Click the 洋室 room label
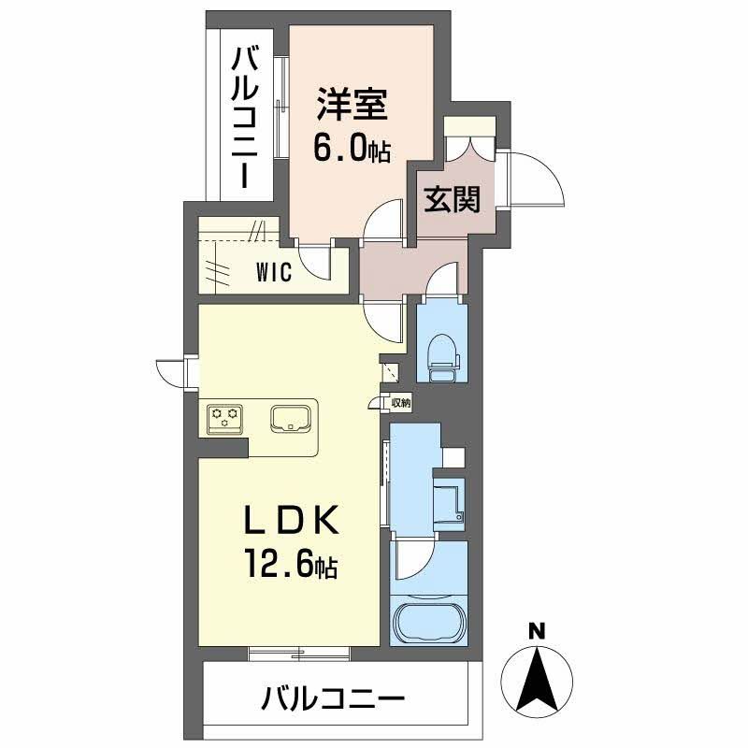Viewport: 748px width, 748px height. pos(352,105)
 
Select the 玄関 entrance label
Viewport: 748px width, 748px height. pos(453,199)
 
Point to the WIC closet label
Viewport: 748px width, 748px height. pos(274,272)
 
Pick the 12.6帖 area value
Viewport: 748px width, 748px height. pos(292,565)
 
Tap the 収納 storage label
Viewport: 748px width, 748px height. pos(400,403)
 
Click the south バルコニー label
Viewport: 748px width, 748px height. pos(334,697)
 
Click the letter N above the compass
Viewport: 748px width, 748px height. pos(536,631)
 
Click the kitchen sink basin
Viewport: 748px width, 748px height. pos(294,418)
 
